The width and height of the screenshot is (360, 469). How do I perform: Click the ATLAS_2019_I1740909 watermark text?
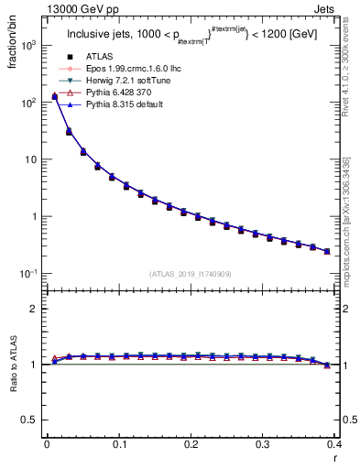tap(190, 274)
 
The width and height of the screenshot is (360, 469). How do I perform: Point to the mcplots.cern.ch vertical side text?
tap(352, 211)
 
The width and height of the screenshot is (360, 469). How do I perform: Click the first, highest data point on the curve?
tap(54, 95)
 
